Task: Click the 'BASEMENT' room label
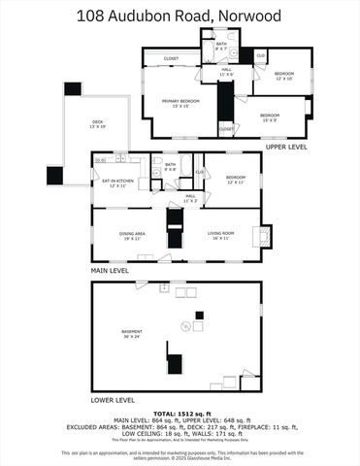[x=132, y=332]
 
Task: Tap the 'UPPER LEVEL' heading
[x=286, y=147]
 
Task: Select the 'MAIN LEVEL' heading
[x=111, y=270]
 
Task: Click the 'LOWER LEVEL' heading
[x=113, y=399]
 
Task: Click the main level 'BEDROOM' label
[x=237, y=178]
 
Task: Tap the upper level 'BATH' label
[x=220, y=44]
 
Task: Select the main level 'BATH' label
[x=170, y=165]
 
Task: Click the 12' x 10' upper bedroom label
[x=283, y=75]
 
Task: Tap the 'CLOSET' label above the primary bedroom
[x=171, y=58]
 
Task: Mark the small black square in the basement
[x=199, y=315]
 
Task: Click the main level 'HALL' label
[x=191, y=197]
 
